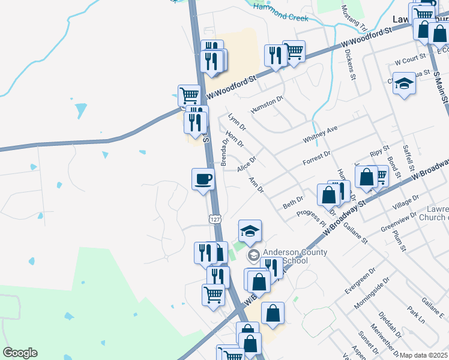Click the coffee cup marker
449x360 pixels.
click(203, 179)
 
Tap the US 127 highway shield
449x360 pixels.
click(215, 220)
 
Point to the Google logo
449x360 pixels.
click(20, 353)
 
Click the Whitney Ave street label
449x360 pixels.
click(321, 134)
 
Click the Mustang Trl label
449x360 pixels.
click(354, 18)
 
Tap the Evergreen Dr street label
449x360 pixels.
click(360, 280)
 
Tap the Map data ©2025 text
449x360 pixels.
click(424, 355)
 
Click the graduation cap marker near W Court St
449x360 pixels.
click(405, 84)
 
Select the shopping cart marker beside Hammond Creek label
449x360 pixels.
click(294, 52)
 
